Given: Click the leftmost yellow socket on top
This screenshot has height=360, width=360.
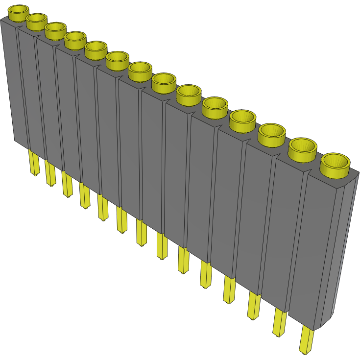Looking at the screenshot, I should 19,12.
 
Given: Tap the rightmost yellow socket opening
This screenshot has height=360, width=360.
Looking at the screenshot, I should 335,162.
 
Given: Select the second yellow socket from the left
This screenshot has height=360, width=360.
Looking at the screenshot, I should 36,21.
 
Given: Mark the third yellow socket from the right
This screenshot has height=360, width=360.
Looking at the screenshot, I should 272,133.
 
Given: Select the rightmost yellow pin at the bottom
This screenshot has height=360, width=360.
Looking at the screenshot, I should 306,340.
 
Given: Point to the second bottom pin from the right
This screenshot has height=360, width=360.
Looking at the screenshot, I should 279,322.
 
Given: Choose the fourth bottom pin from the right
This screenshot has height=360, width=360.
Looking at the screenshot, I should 229,289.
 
